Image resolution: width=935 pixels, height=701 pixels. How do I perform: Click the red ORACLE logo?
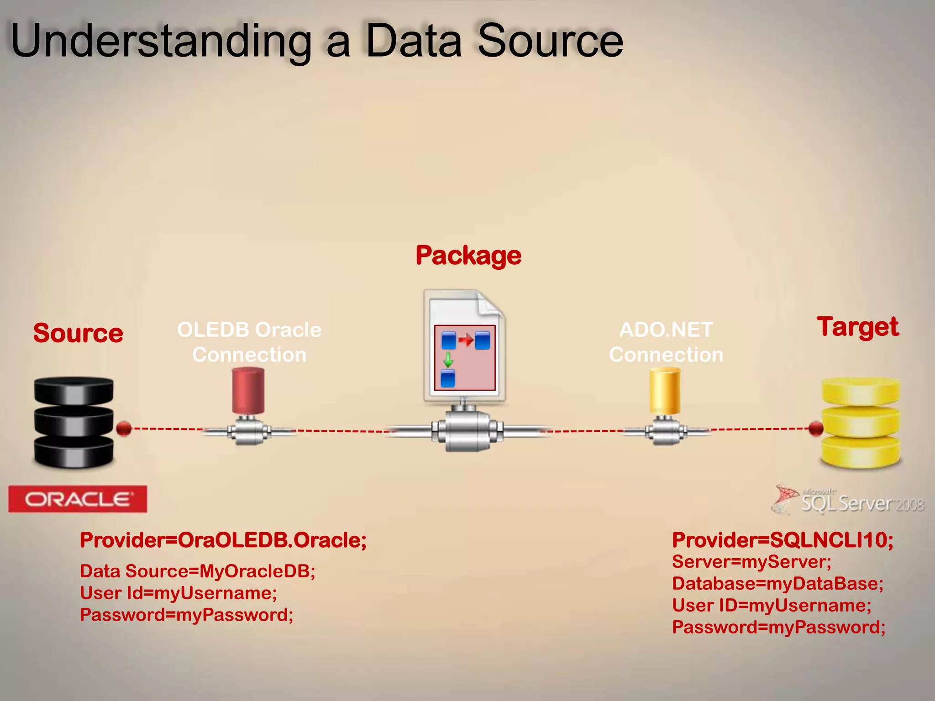[77, 499]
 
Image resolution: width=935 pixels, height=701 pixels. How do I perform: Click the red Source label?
[78, 333]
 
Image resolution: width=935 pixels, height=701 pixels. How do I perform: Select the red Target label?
[857, 327]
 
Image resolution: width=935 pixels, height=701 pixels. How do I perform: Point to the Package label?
[468, 255]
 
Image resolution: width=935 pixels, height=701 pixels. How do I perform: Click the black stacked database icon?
[74, 422]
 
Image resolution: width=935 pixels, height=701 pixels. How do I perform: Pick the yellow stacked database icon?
[861, 423]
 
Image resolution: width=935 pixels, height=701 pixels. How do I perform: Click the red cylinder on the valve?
[248, 391]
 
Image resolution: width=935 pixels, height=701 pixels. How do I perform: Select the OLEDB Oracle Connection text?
[249, 342]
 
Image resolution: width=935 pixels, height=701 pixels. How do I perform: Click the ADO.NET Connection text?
[666, 342]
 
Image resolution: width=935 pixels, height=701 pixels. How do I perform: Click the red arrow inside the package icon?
[466, 340]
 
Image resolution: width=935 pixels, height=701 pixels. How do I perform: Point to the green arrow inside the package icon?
[448, 360]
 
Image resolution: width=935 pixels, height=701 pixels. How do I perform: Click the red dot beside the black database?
[124, 429]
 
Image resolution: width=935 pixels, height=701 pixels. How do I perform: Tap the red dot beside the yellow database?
[816, 428]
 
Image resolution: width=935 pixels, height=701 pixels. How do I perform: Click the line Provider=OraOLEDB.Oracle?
[223, 540]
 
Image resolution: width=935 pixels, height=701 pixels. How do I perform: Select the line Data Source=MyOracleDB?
[197, 571]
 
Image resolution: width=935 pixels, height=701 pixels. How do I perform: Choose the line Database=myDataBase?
[777, 583]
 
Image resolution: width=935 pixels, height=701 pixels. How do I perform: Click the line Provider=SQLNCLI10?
[782, 540]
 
